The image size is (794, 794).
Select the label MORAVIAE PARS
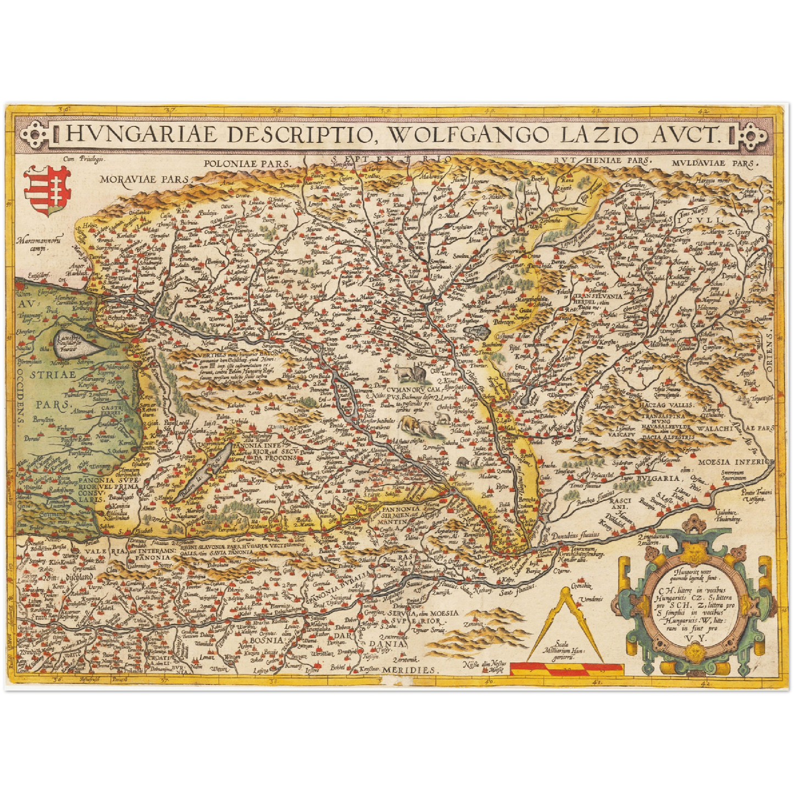click(x=144, y=179)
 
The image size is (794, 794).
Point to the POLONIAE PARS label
click(x=246, y=163)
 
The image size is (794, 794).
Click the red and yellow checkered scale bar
click(x=566, y=669)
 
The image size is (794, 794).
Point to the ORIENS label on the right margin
click(x=769, y=352)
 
